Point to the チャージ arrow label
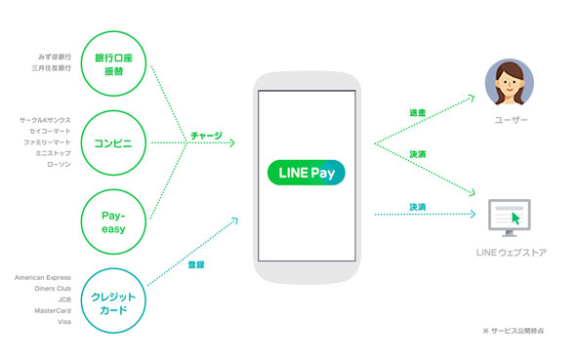(x=205, y=136)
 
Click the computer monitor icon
(x=509, y=218)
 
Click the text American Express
(x=43, y=278)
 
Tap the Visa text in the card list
(x=64, y=321)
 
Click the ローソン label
(x=58, y=164)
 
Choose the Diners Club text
(x=50, y=289)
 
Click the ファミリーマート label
(x=48, y=142)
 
